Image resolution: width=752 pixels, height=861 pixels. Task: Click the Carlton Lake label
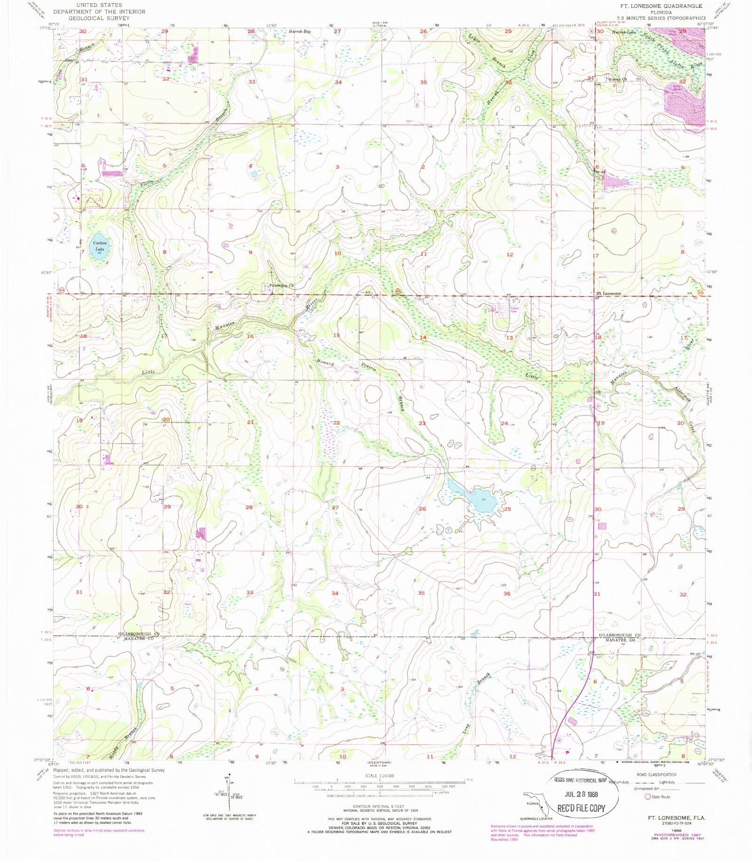tap(100, 246)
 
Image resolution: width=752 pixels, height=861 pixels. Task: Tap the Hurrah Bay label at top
tap(300, 31)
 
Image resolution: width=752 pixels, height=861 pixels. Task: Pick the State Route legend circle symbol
tap(647, 797)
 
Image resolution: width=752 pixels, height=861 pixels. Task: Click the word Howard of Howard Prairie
tap(325, 363)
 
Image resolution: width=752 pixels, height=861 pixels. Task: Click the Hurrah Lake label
tap(624, 32)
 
